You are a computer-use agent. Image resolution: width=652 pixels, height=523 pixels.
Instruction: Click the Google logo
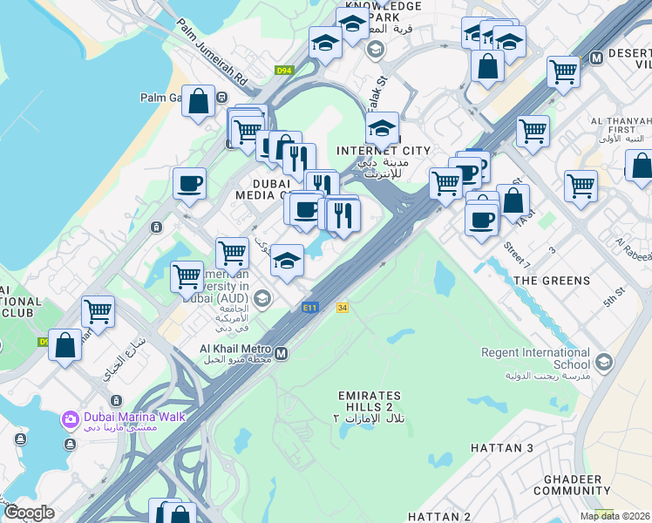click(29, 513)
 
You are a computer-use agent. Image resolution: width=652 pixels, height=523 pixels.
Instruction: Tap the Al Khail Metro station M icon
click(282, 353)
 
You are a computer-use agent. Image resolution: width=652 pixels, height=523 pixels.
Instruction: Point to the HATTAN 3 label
click(501, 448)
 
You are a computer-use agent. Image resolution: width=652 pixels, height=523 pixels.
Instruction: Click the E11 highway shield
click(309, 307)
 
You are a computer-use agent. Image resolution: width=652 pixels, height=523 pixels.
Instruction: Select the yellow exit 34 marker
click(343, 307)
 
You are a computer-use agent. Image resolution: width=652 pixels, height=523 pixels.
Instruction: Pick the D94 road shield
click(284, 71)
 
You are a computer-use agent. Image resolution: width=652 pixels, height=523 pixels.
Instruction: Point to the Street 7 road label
click(516, 252)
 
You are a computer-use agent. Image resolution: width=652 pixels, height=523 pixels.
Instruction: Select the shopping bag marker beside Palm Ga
click(199, 101)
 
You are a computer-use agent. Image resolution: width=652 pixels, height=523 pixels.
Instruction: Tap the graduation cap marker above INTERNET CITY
click(382, 128)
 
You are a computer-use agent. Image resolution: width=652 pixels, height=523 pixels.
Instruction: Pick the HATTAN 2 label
click(439, 517)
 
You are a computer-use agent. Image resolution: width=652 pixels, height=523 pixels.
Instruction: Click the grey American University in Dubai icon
click(263, 299)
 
